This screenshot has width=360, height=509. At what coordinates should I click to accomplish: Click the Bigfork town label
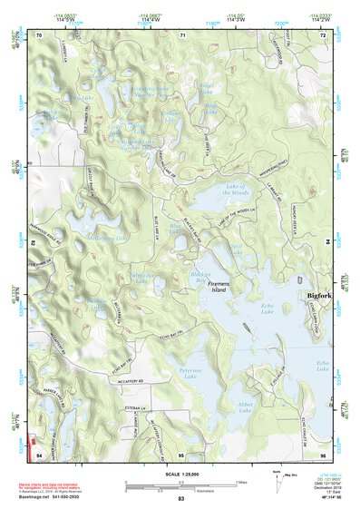pos(319,296)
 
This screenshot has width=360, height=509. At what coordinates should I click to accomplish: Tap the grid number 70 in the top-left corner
pos(39,34)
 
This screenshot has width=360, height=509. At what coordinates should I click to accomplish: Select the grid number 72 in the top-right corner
pos(324,34)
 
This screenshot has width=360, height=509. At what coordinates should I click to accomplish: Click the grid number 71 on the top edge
pos(182,34)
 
